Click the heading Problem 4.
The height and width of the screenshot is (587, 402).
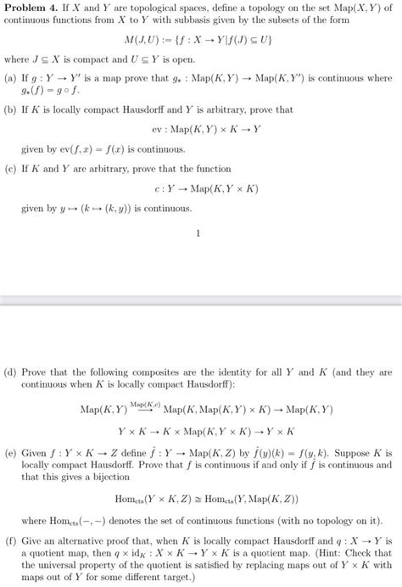31,8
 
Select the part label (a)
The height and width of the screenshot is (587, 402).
10,79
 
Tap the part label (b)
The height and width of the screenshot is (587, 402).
10,110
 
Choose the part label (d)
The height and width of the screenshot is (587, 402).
10,373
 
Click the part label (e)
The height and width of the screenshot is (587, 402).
10,455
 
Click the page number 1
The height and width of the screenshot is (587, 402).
198,235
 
